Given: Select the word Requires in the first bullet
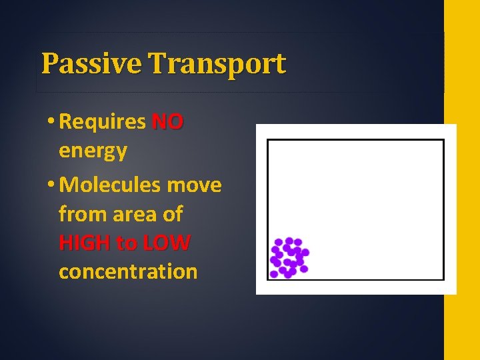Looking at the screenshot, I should point(102,123).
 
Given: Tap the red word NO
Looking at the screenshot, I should point(167,122).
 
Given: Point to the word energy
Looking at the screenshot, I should point(93,151).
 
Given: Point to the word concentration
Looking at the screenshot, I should point(128,272).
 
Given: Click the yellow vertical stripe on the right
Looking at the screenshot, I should point(461,180).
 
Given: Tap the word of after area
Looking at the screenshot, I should point(172,214).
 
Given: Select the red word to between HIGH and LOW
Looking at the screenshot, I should point(125,243).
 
